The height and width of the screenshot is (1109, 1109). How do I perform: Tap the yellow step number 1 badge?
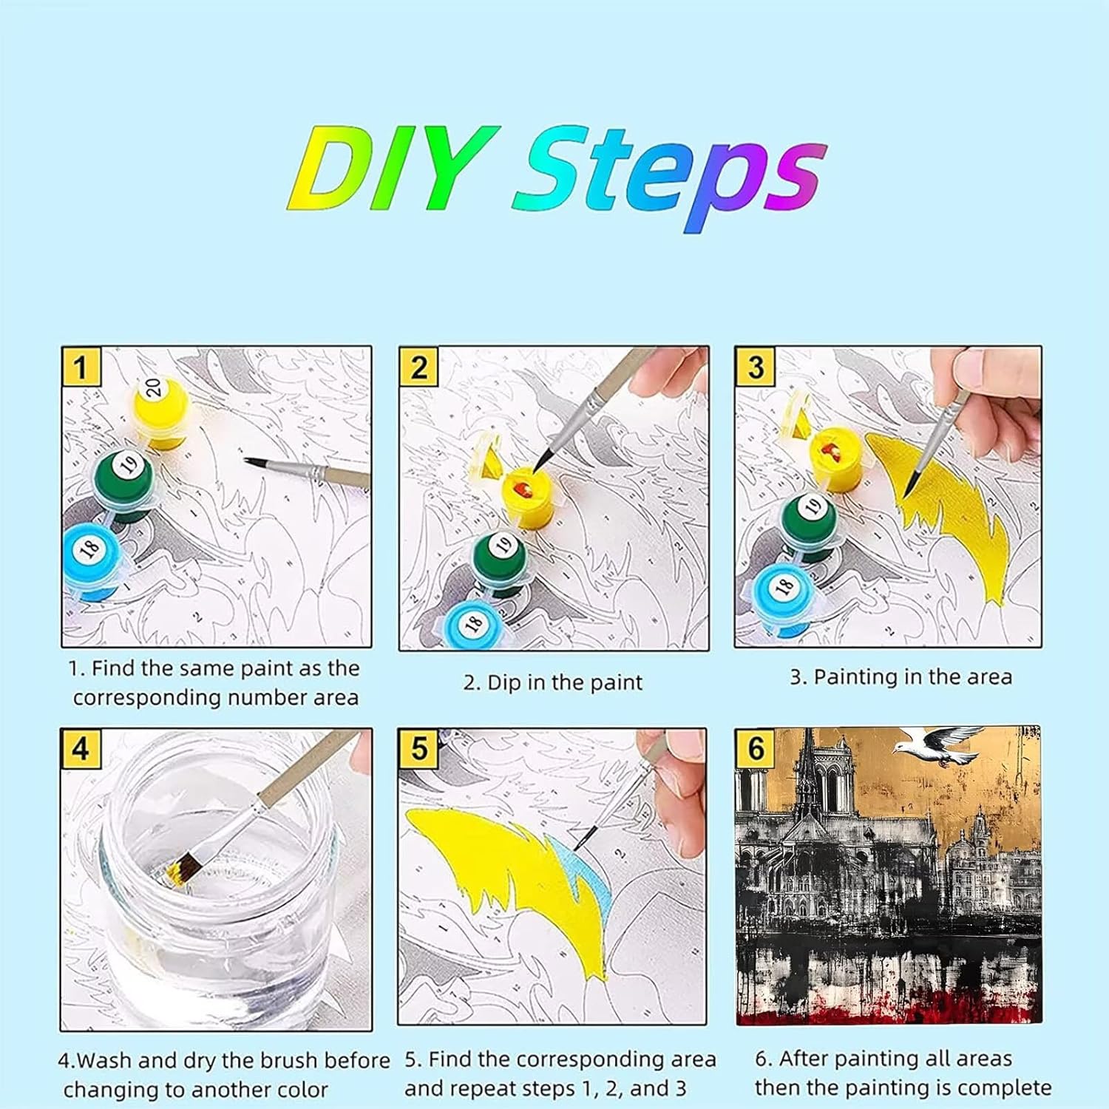pos(81,366)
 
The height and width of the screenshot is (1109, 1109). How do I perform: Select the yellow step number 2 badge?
pos(418,367)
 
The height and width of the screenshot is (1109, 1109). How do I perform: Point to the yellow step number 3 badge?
pos(755,367)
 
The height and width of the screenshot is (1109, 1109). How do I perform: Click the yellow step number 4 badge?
pos(81,748)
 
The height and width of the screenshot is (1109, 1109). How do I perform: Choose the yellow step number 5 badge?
pos(418,748)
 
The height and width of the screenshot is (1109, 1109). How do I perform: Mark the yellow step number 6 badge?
pos(755,748)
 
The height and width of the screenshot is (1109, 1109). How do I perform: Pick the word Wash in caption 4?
pos(105,1062)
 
